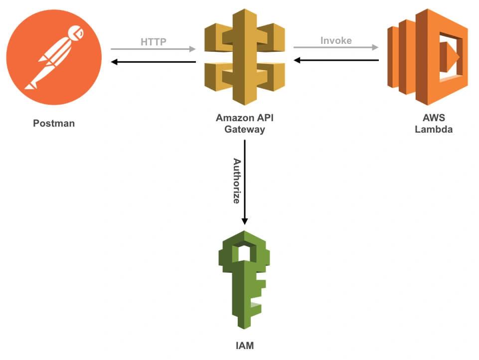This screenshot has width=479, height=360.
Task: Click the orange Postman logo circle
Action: click(54, 57)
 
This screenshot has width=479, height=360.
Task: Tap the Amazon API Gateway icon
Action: click(245, 57)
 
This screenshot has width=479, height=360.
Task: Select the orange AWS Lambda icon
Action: click(428, 57)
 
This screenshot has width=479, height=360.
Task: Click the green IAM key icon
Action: click(244, 280)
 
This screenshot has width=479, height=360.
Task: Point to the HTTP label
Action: click(154, 41)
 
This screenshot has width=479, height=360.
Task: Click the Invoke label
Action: click(336, 40)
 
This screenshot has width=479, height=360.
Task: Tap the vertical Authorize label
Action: click(237, 181)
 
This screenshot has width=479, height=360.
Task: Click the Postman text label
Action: click(54, 123)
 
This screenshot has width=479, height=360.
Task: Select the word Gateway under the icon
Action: click(245, 129)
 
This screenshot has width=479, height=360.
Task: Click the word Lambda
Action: click(434, 129)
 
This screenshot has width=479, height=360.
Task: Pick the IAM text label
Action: click(245, 346)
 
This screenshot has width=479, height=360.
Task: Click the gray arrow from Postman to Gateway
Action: click(153, 49)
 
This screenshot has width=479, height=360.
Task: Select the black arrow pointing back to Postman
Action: click(153, 62)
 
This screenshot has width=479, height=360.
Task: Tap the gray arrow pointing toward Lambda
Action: click(336, 47)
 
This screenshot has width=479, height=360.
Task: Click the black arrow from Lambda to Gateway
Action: click(336, 60)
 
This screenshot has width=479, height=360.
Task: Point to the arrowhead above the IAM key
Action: click(244, 221)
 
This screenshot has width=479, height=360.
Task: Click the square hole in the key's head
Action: click(244, 251)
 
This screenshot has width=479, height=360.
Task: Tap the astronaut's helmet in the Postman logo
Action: click(76, 32)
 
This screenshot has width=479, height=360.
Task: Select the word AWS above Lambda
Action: click(434, 118)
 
